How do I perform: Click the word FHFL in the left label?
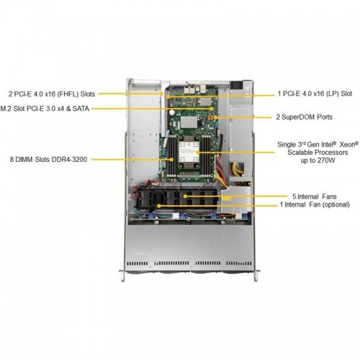tap(68, 94)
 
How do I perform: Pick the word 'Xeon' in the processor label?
tap(347, 145)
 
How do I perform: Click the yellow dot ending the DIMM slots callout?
tap(172, 159)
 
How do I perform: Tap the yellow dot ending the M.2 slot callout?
tap(212, 109)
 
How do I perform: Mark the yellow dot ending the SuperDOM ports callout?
tap(216, 117)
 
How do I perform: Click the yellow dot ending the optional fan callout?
tap(158, 206)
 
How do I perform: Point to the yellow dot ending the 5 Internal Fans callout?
tap(185, 197)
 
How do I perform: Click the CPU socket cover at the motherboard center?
tap(189, 152)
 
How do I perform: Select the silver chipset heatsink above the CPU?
tap(189, 122)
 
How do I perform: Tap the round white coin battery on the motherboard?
tap(172, 112)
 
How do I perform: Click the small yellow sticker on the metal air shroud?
tap(227, 198)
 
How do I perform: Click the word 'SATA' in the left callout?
tap(81, 109)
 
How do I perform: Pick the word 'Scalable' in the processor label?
tap(300, 153)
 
